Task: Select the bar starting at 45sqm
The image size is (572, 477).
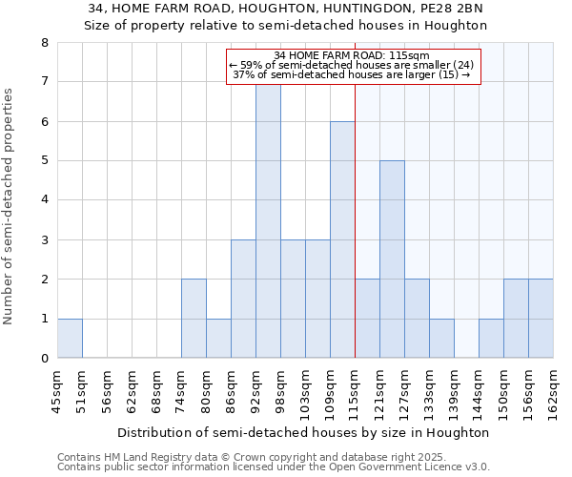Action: point(70,339)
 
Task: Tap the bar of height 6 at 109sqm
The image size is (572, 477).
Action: point(342,239)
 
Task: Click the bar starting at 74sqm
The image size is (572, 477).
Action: point(194,319)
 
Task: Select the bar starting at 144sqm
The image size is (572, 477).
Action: point(491,339)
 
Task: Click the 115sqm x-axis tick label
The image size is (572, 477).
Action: point(355,392)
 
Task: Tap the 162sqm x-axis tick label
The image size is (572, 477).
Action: point(553,392)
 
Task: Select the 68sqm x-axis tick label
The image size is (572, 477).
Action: point(156,392)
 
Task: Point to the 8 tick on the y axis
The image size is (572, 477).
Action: point(44,43)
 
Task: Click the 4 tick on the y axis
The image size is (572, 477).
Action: point(44,200)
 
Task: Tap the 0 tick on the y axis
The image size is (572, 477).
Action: point(44,359)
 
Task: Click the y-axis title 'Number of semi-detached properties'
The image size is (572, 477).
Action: point(10,206)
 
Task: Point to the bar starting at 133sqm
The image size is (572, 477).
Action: point(441,339)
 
